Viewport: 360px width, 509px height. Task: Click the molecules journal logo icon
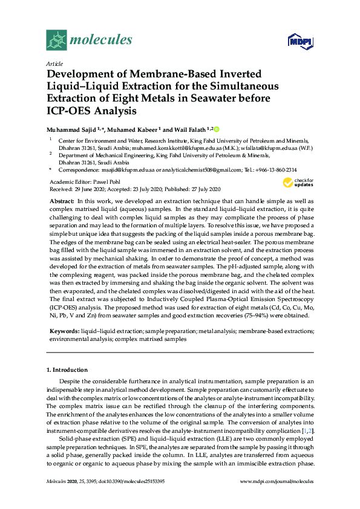point(56,41)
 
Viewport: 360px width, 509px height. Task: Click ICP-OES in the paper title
point(70,111)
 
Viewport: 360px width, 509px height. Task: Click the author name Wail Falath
point(186,129)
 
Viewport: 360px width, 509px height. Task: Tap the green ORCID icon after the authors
point(217,129)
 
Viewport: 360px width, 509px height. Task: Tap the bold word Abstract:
point(62,200)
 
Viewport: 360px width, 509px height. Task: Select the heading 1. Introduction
point(67,369)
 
